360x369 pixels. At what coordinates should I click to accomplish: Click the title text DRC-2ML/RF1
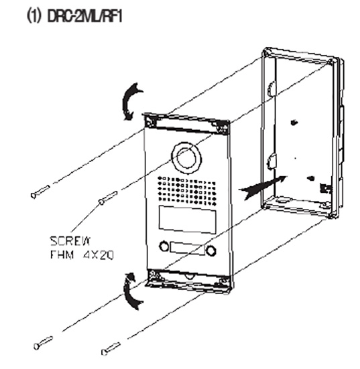coord(84,17)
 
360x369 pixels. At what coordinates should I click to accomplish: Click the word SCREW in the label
coord(70,241)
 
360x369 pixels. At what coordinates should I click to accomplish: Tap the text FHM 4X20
coord(82,254)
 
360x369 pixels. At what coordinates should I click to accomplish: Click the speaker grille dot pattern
coord(186,191)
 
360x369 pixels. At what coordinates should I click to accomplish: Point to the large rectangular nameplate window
coord(187,220)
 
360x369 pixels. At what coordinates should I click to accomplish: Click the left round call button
coord(164,246)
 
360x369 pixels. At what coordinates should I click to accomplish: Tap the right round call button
coord(211,250)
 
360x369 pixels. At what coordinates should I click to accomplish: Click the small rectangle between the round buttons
coord(188,248)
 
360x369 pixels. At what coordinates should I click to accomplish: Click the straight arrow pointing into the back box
coord(263,187)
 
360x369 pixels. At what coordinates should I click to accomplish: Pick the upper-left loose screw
coord(40,192)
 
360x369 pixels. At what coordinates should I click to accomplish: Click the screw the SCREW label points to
coord(108,198)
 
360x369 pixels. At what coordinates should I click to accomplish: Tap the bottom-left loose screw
coord(43,343)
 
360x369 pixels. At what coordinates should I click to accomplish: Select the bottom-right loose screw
coord(111,349)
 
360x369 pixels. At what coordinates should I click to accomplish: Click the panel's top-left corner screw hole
coord(150,121)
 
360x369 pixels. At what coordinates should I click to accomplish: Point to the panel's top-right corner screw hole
coord(223,128)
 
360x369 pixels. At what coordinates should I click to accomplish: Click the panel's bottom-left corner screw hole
coord(153,274)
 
